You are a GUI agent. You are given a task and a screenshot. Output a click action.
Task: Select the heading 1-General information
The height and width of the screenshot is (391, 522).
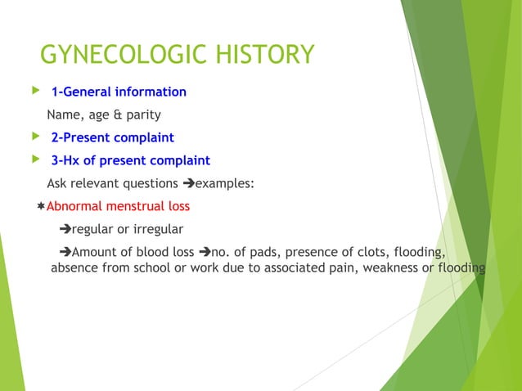pos(119,92)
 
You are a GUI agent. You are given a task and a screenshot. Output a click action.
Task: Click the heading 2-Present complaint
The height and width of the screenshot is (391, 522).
pos(112,137)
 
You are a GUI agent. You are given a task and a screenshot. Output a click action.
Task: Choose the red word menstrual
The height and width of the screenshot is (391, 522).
pos(131,206)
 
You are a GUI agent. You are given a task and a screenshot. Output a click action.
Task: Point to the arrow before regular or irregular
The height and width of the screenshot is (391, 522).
pos(66,229)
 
